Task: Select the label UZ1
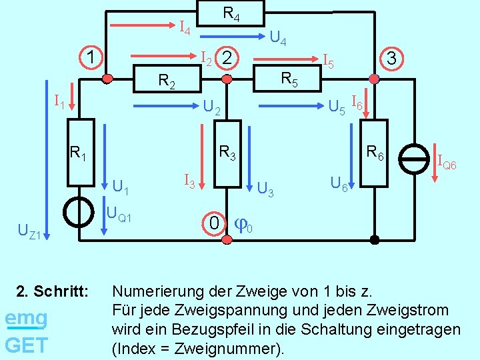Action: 30,233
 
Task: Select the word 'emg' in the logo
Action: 25,318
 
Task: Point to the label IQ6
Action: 447,162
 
